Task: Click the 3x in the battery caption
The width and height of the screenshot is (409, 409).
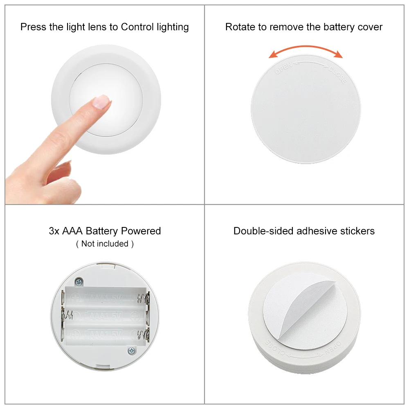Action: pos(54,231)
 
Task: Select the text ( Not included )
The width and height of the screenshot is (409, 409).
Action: pos(105,244)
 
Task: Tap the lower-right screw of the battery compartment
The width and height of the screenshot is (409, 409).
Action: pos(131,350)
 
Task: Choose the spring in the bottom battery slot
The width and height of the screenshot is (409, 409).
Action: pos(142,335)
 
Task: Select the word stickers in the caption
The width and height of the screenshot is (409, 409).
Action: pos(357,231)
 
